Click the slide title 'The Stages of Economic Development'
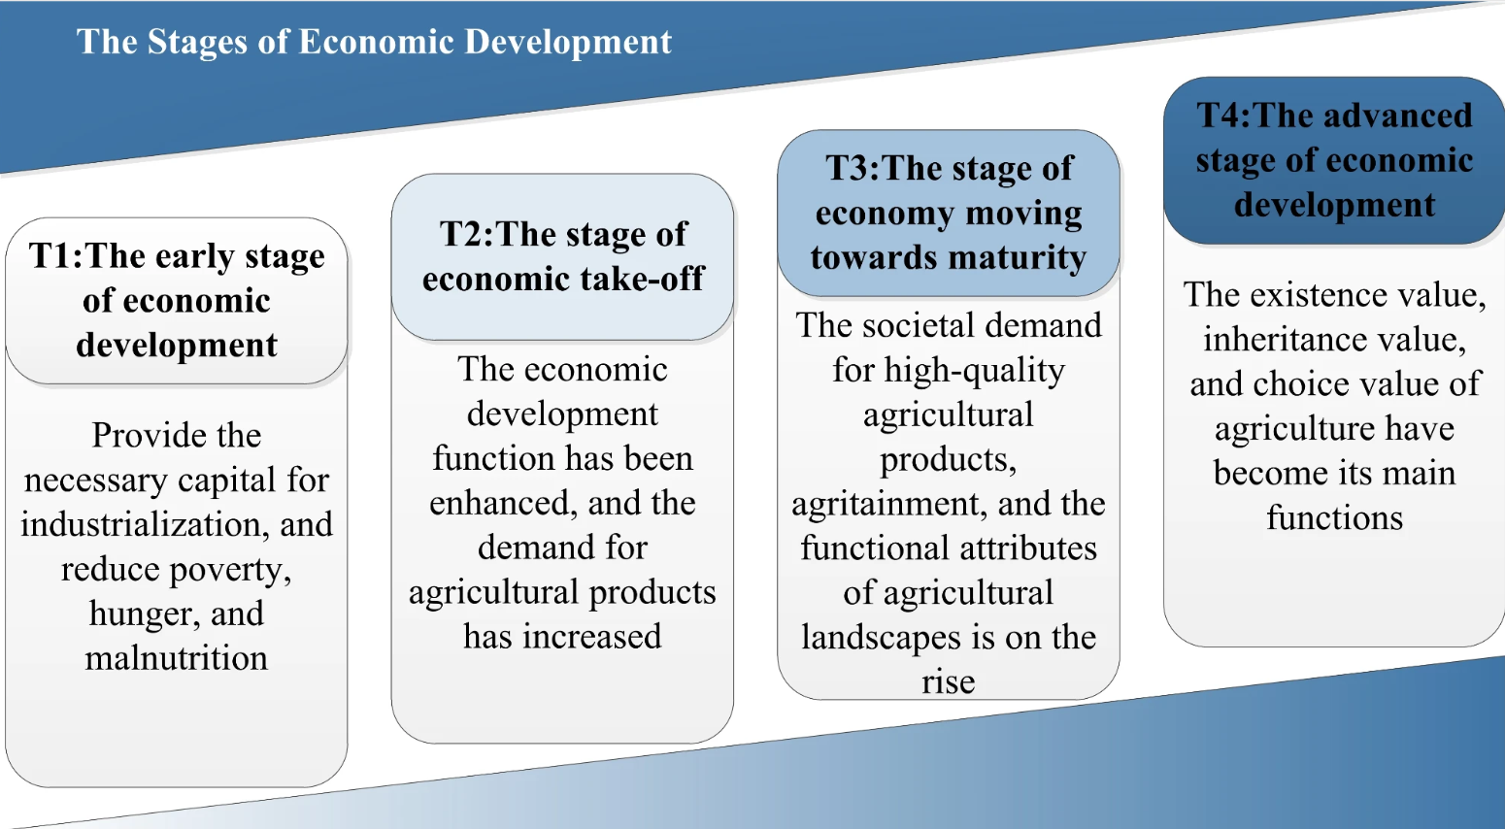pyautogui.click(x=374, y=42)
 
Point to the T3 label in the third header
pyautogui.click(x=850, y=168)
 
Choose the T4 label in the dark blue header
pyautogui.click(x=1221, y=115)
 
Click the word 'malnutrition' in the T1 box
pyautogui.click(x=176, y=658)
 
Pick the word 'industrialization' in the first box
pyautogui.click(x=141, y=524)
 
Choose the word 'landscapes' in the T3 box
pyautogui.click(x=880, y=638)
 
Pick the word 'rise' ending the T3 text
pyautogui.click(x=948, y=681)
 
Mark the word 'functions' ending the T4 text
pyautogui.click(x=1334, y=518)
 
